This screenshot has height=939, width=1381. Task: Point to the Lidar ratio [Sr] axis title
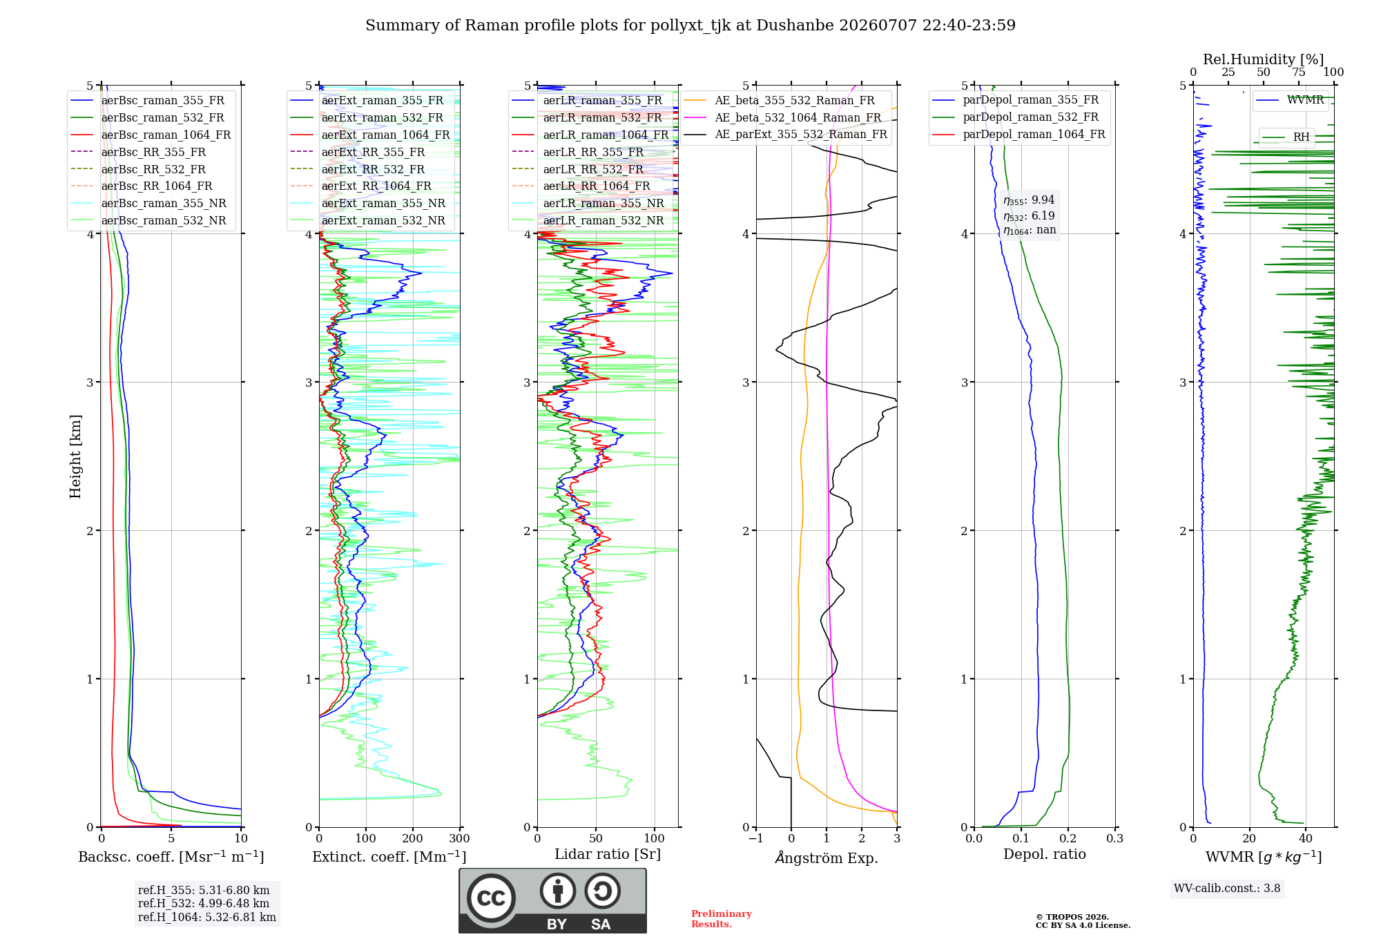(x=608, y=854)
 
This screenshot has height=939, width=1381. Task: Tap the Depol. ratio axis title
(x=1045, y=854)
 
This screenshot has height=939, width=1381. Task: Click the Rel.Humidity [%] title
(x=1264, y=59)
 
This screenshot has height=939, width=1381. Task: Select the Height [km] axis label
(x=75, y=456)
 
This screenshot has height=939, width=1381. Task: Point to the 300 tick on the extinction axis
(x=460, y=838)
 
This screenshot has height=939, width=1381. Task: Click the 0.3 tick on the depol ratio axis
(x=1115, y=838)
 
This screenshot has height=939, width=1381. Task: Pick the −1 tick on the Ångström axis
(x=755, y=838)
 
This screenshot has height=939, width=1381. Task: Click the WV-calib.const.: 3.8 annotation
(x=1227, y=888)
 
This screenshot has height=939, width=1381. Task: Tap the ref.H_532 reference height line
(x=204, y=903)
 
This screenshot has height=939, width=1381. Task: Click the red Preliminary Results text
(x=722, y=919)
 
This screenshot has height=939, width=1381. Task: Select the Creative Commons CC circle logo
(x=491, y=898)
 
